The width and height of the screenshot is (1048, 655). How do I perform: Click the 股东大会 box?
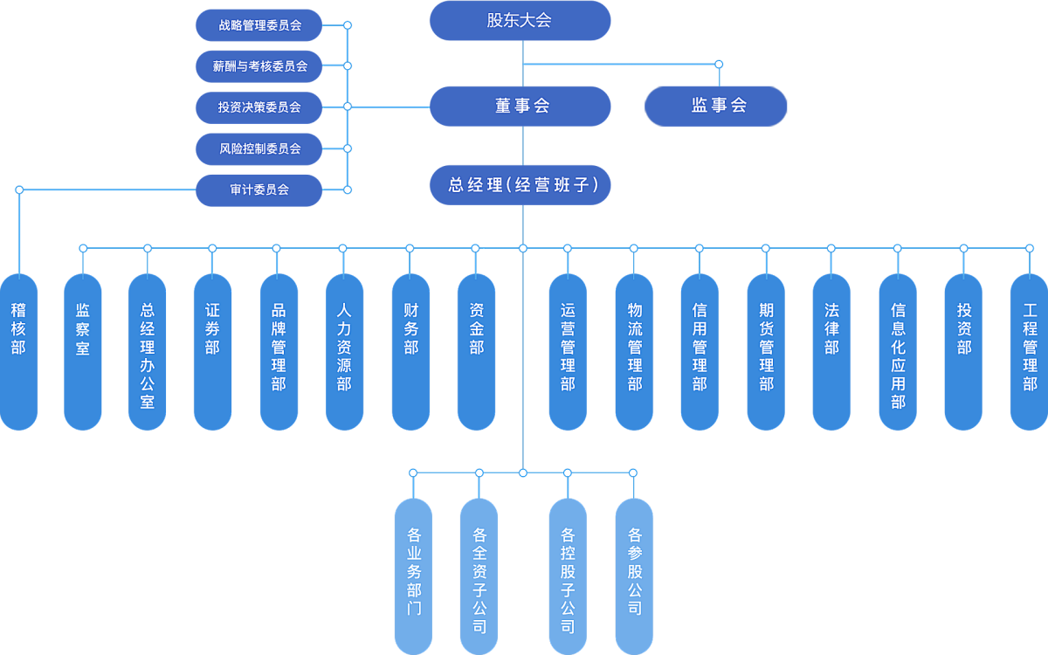pyautogui.click(x=520, y=20)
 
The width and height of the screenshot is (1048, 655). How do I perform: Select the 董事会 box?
pyautogui.click(x=520, y=106)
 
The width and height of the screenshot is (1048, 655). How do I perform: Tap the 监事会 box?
pyautogui.click(x=716, y=106)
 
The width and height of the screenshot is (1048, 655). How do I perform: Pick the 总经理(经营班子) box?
pyautogui.click(x=520, y=185)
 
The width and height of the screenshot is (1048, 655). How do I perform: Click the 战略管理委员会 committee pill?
pyautogui.click(x=259, y=25)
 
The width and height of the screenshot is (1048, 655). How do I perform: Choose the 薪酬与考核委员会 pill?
pyautogui.click(x=259, y=65)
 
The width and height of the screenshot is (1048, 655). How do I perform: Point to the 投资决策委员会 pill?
pyautogui.click(x=259, y=107)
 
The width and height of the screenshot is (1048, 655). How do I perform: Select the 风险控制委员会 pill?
pyautogui.click(x=259, y=148)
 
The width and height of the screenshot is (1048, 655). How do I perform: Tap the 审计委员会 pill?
pyautogui.click(x=259, y=190)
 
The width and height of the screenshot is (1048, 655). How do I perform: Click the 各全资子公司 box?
pyautogui.click(x=479, y=576)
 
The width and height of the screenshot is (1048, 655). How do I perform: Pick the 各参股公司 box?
pyautogui.click(x=634, y=576)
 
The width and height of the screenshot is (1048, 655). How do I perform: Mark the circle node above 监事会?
pyautogui.click(x=719, y=64)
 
